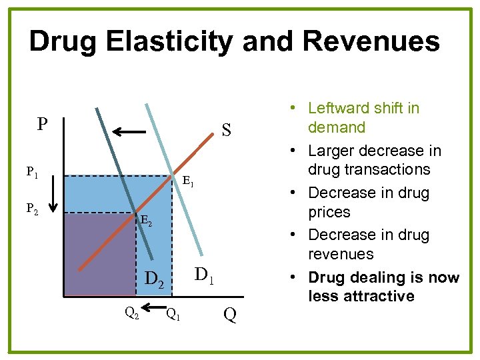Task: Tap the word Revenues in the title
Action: click(371, 41)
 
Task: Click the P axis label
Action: click(42, 125)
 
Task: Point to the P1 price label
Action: click(32, 173)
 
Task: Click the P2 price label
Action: click(32, 209)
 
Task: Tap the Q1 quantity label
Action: click(172, 313)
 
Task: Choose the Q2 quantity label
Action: click(132, 312)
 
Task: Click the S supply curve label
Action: click(226, 130)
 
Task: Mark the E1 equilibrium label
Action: click(187, 181)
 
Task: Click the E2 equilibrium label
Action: click(146, 221)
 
